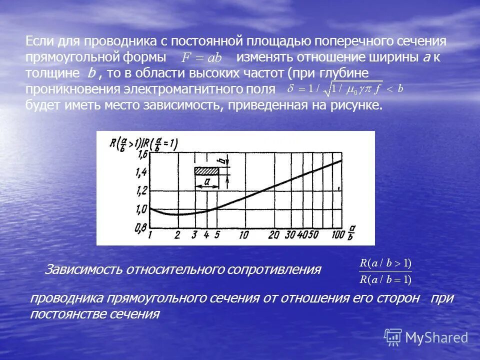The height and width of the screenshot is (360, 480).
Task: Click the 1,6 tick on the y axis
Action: coord(141,154)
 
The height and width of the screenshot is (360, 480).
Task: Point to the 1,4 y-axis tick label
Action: coord(141,172)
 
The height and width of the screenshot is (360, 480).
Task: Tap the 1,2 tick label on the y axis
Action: coord(141,190)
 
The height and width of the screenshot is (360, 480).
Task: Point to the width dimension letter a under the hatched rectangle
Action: coord(206,182)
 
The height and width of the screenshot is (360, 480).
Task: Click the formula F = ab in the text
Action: coord(201,58)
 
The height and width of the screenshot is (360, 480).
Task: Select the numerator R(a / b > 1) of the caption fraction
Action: coord(385,263)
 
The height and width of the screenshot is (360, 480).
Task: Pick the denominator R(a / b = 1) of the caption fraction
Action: coord(385,279)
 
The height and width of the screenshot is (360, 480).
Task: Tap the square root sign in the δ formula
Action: coord(327,89)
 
